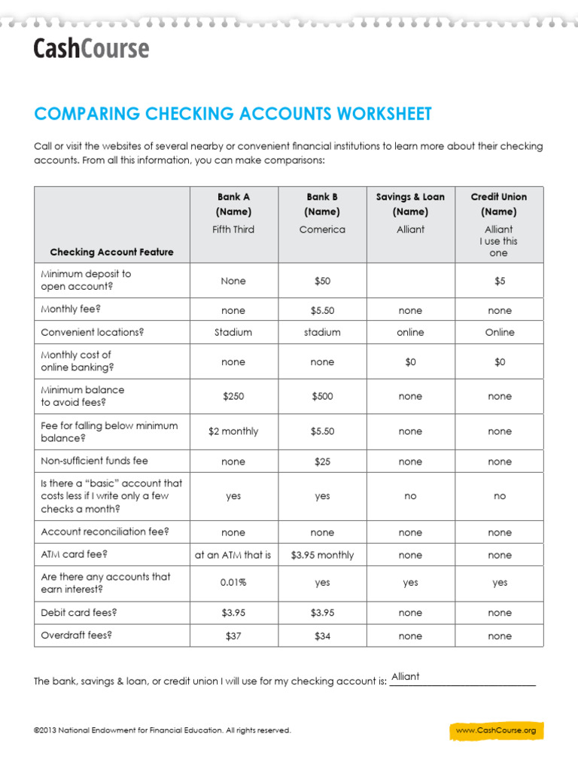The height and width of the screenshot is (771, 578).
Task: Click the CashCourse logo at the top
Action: [x=91, y=49]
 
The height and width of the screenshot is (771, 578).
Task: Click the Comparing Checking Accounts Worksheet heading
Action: [x=233, y=114]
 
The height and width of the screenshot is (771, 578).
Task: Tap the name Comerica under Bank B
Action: [x=322, y=229]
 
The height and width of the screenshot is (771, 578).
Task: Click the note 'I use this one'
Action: [x=499, y=247]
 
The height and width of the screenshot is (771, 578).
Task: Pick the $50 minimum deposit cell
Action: [x=322, y=281]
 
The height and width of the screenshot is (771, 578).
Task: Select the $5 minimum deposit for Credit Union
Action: [x=500, y=281]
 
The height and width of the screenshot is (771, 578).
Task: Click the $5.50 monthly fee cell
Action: [x=322, y=310]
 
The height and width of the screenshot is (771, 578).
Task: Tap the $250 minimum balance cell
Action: [x=233, y=397]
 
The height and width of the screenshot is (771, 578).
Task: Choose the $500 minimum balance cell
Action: [x=322, y=397]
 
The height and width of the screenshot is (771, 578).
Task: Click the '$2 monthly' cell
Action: [x=233, y=431]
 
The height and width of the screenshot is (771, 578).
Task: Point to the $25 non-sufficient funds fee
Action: [x=322, y=462]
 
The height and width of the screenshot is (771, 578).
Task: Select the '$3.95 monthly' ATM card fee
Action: [x=322, y=555]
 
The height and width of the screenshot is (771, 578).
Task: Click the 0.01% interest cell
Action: [x=233, y=583]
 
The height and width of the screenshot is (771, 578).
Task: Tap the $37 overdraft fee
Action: [x=233, y=636]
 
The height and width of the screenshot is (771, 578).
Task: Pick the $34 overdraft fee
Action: [x=322, y=636]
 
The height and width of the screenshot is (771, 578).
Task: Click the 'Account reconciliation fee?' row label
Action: [x=105, y=532]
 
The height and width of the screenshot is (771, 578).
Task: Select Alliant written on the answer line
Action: [x=406, y=676]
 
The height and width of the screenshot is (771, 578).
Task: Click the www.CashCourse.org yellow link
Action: [x=496, y=730]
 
